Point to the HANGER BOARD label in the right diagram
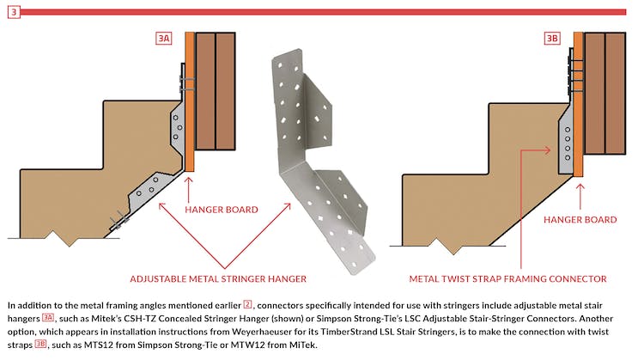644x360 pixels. point(580,220)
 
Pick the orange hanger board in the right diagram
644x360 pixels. point(579,103)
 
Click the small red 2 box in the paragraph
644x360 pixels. point(247,304)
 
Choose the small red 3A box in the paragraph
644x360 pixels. point(48,318)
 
